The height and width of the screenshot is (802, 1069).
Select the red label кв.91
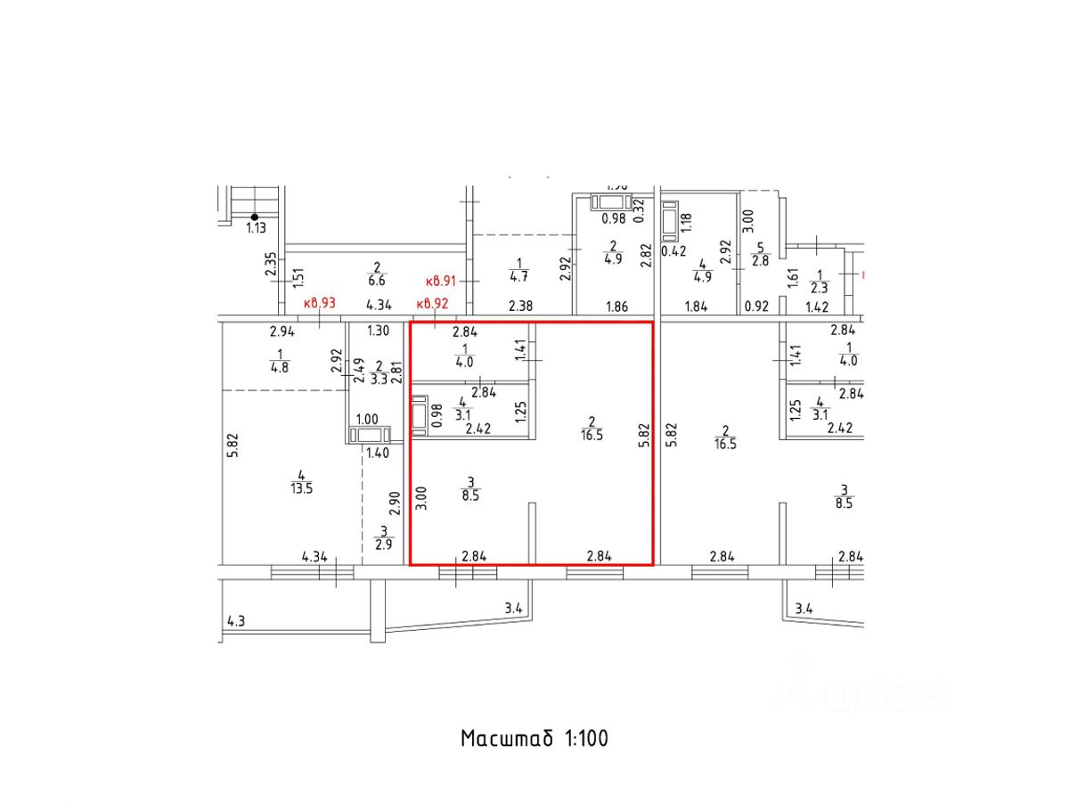[441, 280]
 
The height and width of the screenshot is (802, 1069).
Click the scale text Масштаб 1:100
[534, 739]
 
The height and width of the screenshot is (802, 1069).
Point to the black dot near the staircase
[255, 217]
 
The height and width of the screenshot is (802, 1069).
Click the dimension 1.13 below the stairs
[256, 228]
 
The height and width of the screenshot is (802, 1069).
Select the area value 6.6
[378, 280]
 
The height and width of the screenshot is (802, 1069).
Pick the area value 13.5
[303, 487]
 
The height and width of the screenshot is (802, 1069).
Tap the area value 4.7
[518, 276]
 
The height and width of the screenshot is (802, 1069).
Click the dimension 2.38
[522, 306]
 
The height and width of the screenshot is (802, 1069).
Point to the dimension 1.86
[616, 306]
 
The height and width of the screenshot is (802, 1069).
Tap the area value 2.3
[820, 288]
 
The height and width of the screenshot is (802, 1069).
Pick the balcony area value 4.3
[236, 621]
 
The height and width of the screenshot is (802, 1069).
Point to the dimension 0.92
[756, 306]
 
